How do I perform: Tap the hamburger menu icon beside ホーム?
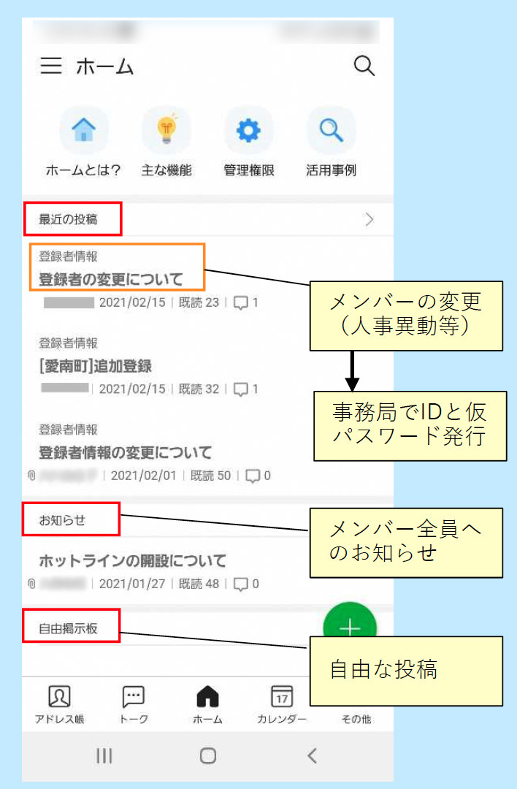pyautogui.click(x=51, y=66)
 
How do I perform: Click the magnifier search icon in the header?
pyautogui.click(x=364, y=66)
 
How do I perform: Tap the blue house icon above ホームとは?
pyautogui.click(x=83, y=131)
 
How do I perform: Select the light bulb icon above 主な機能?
pyautogui.click(x=166, y=130)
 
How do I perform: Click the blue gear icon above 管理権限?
pyautogui.click(x=248, y=131)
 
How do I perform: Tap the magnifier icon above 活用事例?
pyautogui.click(x=331, y=131)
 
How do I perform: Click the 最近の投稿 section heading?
pyautogui.click(x=68, y=218)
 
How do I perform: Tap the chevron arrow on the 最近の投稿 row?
pyautogui.click(x=369, y=219)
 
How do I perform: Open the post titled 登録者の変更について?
pyautogui.click(x=110, y=279)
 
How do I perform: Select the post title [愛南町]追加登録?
pyautogui.click(x=95, y=366)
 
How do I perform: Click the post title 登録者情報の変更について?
pyautogui.click(x=125, y=452)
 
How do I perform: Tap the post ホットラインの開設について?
pyautogui.click(x=132, y=561)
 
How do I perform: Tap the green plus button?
pyautogui.click(x=350, y=628)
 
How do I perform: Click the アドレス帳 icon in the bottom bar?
pyautogui.click(x=59, y=697)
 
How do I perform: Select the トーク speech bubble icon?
pyautogui.click(x=134, y=697)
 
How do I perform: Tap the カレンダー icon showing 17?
pyautogui.click(x=281, y=697)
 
